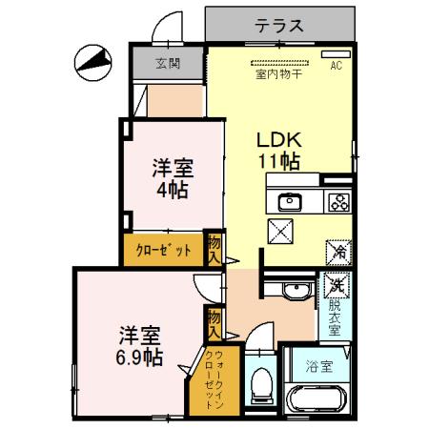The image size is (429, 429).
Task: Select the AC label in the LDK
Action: point(335,66)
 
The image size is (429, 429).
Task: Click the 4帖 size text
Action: point(174,188)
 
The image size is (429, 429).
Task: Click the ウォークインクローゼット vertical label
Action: point(215,378)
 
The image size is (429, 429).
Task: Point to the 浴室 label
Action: point(319,366)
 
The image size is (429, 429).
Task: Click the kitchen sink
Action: point(289,201)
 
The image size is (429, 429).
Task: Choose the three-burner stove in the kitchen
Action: point(337,201)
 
